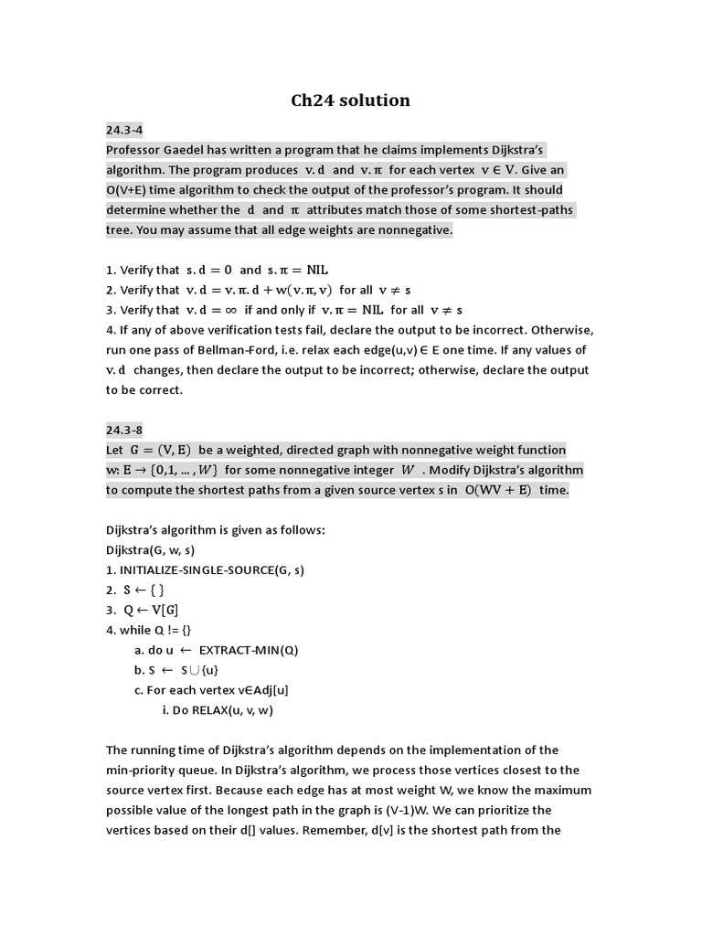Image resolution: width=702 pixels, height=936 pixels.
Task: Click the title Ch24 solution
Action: (x=351, y=101)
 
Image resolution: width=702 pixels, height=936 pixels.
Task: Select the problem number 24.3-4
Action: (x=124, y=130)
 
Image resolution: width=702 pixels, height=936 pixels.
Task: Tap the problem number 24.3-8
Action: (x=124, y=430)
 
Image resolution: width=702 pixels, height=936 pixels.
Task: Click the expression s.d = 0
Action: (x=209, y=270)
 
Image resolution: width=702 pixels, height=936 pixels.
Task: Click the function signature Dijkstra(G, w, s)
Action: (x=151, y=550)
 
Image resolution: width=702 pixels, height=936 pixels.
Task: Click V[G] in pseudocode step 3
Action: (x=164, y=610)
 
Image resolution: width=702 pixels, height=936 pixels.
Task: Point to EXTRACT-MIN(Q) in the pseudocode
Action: (x=249, y=650)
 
